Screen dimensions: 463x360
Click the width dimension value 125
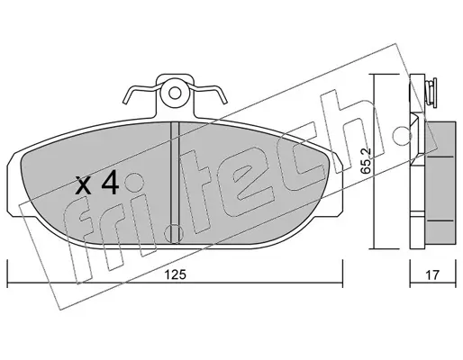tap(176, 274)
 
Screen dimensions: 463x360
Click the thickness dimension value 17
tap(432, 274)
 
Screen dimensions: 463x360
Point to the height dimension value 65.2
tap(366, 161)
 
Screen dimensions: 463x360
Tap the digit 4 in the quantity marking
tap(110, 184)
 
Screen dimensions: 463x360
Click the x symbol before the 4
tap(83, 185)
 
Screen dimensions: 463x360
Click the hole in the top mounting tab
tap(175, 93)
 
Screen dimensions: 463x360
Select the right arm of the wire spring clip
tap(208, 93)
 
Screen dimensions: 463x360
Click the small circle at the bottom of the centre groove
tap(174, 233)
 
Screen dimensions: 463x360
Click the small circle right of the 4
tap(134, 182)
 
